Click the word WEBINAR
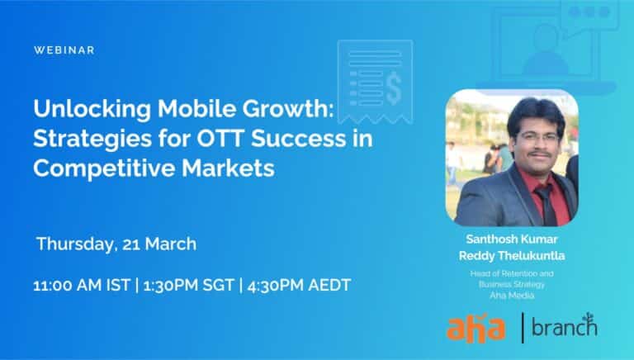[64, 50]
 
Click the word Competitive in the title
[104, 168]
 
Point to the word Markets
[228, 168]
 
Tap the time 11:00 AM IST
[82, 285]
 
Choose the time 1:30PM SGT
[188, 285]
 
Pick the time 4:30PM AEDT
[299, 285]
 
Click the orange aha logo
[475, 328]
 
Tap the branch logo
[565, 325]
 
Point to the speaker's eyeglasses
[537, 138]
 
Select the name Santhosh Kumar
[512, 239]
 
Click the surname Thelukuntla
[532, 256]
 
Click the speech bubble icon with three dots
[589, 17]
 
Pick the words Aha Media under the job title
[512, 296]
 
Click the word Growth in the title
[288, 108]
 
